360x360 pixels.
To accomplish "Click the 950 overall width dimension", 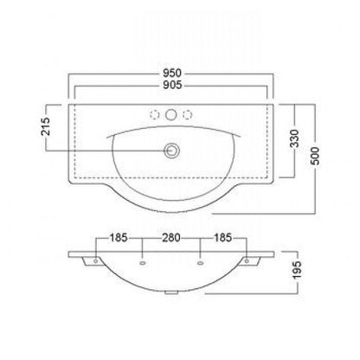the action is click(x=172, y=74).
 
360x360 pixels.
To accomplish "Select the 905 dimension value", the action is click(x=172, y=85).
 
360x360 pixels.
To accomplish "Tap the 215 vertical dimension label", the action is click(x=46, y=126).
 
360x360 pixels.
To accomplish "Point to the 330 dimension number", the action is click(x=294, y=138).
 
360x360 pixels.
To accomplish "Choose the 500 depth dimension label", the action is click(x=315, y=156).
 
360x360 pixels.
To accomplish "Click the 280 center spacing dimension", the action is click(x=171, y=238).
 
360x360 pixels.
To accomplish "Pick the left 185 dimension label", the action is click(x=119, y=238).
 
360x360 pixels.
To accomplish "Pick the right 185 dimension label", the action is click(x=222, y=238).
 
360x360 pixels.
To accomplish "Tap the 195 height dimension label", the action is click(x=297, y=269).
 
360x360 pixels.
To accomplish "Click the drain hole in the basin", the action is click(x=171, y=151).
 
